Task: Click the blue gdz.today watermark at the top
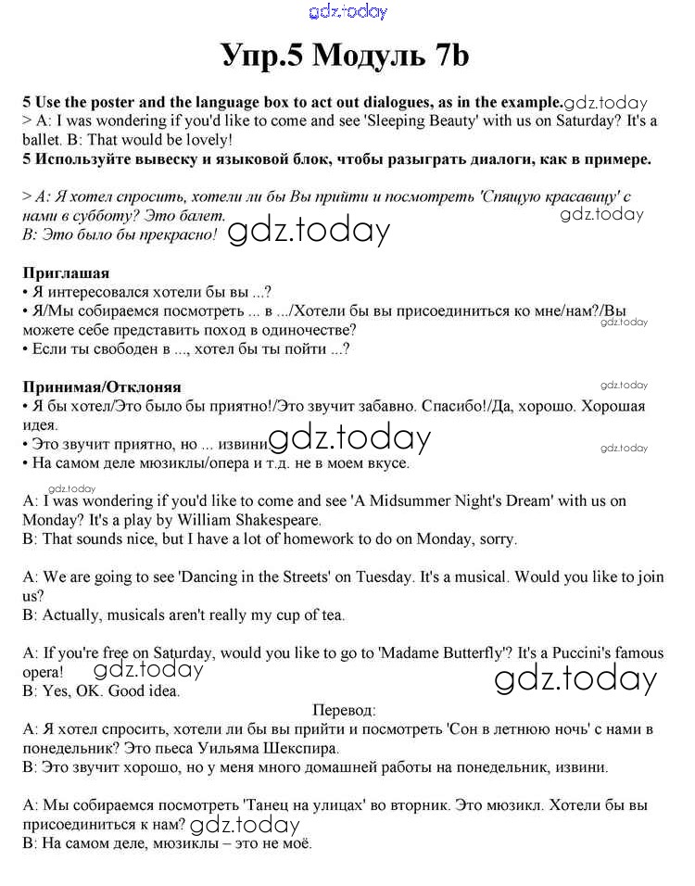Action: coord(347,12)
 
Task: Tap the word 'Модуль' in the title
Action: coord(364,56)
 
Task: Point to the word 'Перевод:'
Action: coord(345,710)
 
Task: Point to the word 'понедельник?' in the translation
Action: coord(67,747)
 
